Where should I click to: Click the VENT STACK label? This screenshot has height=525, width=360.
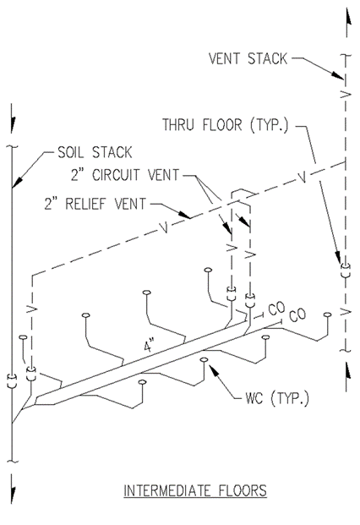tap(248, 58)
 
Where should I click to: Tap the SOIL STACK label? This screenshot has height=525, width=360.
tap(95, 152)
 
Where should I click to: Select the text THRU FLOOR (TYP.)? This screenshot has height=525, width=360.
tap(226, 125)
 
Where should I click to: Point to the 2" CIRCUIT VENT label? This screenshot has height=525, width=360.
tap(125, 175)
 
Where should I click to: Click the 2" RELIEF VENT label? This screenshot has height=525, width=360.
tap(95, 204)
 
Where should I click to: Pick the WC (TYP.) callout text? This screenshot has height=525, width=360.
tap(277, 398)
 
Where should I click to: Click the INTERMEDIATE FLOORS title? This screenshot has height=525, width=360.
tap(195, 491)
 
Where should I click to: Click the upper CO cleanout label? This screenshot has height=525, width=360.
tap(276, 309)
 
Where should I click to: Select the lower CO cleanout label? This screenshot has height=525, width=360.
tap(297, 315)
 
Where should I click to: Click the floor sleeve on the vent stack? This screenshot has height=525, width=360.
tap(346, 271)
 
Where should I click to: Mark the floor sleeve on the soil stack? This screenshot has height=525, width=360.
tap(12, 381)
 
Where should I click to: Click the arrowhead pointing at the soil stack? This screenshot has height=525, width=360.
tap(17, 182)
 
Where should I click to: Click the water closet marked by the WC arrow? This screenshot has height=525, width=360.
tap(204, 360)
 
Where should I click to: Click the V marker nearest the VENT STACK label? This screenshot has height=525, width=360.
tap(346, 95)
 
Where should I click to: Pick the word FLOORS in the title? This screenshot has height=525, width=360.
tap(243, 491)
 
